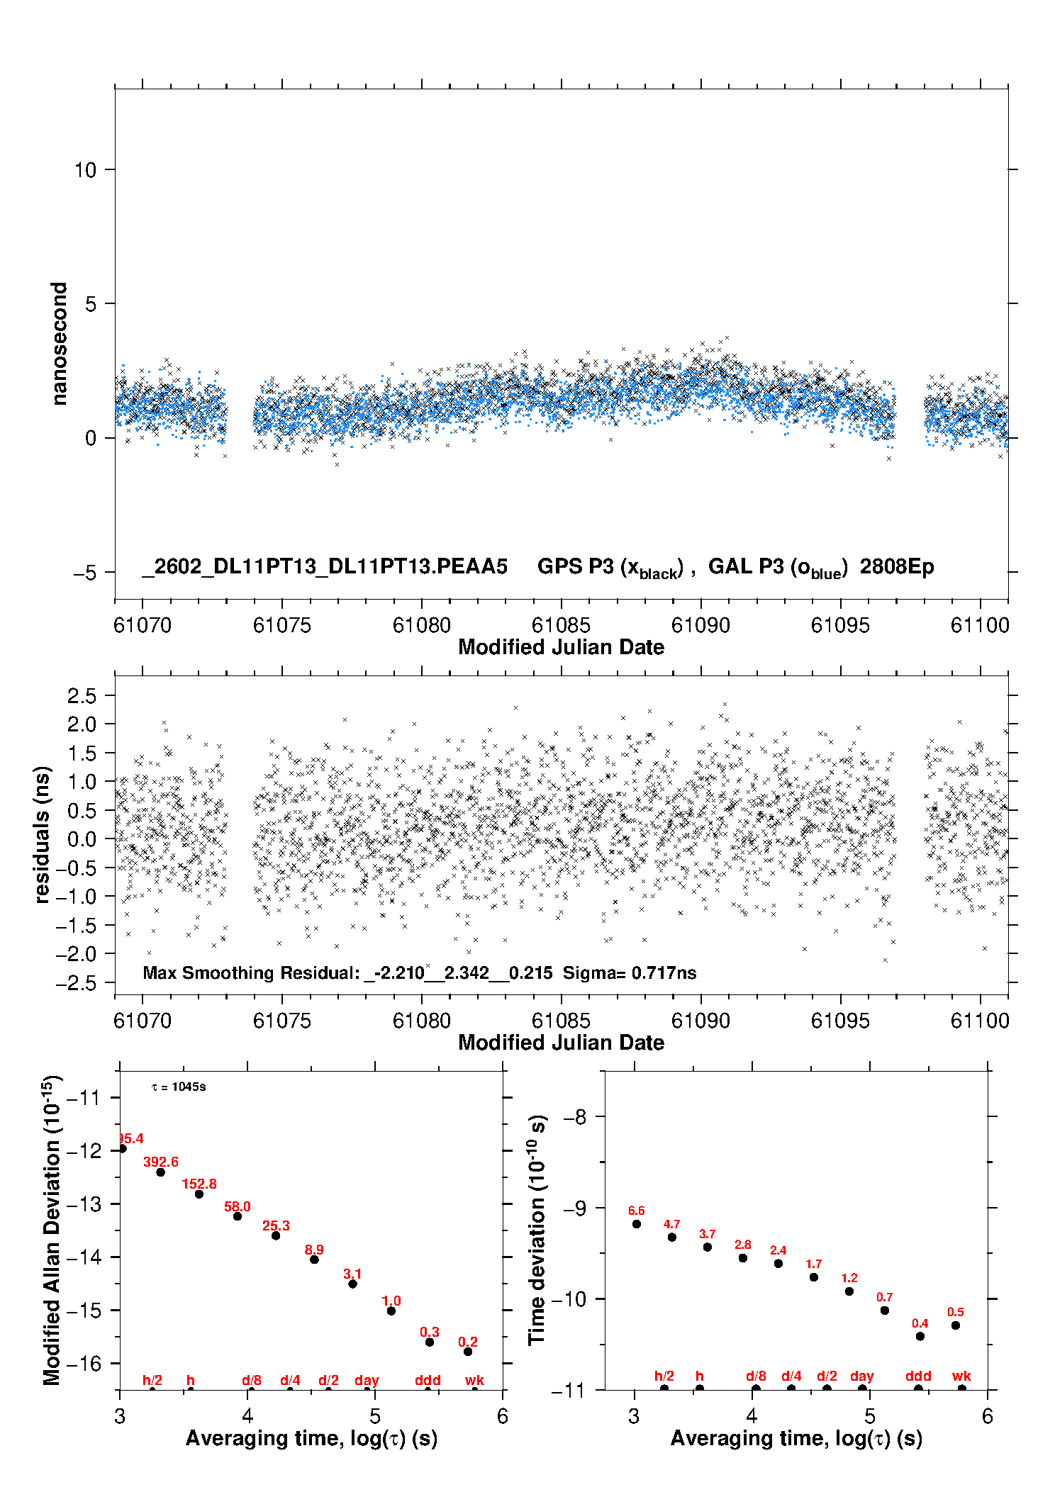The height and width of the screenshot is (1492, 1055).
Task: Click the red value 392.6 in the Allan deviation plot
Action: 161,1162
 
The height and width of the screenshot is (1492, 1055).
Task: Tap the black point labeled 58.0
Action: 238,1216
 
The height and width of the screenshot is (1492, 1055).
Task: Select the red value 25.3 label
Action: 276,1225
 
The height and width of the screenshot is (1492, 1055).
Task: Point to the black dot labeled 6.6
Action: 637,1224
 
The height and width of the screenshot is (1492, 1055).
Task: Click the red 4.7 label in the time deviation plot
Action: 671,1224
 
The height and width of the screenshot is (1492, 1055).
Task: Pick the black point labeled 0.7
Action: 885,1311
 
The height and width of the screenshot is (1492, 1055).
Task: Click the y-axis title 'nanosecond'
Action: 59,344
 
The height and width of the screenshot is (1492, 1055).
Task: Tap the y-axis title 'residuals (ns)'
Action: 43,835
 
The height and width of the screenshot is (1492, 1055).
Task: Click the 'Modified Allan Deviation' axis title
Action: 52,1230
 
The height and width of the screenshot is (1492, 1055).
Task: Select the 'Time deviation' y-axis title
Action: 537,1230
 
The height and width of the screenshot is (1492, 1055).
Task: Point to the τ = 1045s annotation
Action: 179,1087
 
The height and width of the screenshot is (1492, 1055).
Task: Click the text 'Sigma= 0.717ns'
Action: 630,973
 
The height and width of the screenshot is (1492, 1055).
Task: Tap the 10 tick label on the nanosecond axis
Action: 85,170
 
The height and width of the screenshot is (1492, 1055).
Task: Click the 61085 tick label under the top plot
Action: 561,625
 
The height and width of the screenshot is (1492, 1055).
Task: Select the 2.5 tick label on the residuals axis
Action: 82,696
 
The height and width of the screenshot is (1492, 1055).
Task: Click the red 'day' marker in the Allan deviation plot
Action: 367,1380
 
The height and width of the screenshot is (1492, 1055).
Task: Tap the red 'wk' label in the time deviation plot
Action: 961,1376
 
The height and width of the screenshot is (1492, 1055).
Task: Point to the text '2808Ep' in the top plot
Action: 897,567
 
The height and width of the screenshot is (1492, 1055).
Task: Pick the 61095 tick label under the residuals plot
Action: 840,1021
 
